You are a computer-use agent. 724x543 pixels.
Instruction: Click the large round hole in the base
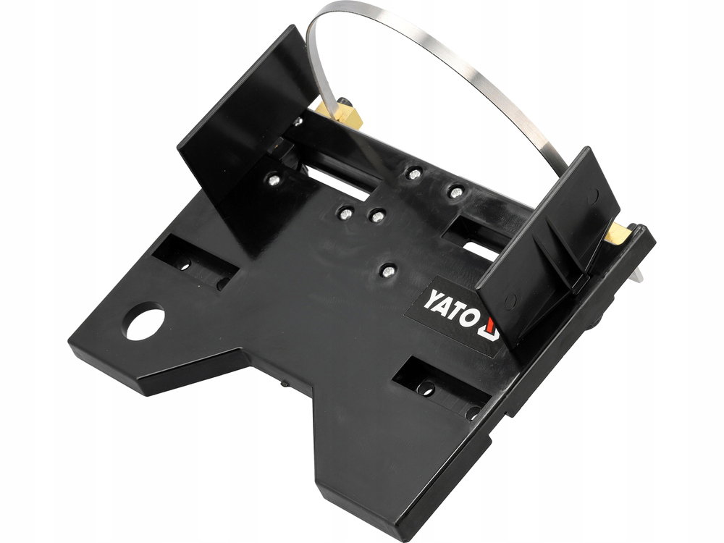(146, 321)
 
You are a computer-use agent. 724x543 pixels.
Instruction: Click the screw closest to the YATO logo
(389, 271)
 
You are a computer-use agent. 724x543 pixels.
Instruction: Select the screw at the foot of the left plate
(274, 179)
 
